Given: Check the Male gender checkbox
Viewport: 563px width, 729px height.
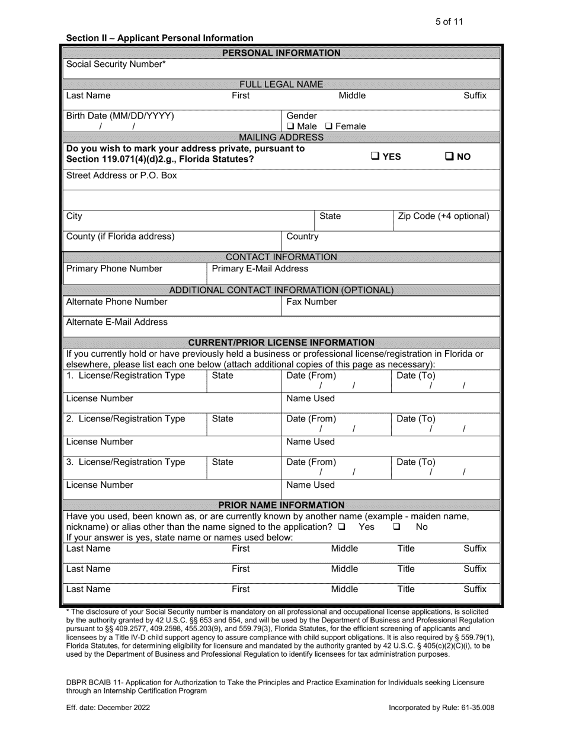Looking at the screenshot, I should pos(290,126).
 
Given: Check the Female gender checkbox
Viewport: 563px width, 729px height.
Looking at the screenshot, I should pos(329,126).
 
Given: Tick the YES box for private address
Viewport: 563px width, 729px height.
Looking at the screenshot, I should pos(376,156).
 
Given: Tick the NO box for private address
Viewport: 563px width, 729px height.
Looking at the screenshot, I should pos(449,156).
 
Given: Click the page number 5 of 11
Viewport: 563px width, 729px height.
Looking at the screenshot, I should pos(449,22).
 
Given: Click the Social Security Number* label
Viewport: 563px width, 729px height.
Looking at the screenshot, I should pos(116,63).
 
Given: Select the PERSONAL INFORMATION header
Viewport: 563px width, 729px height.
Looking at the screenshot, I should pos(281,53).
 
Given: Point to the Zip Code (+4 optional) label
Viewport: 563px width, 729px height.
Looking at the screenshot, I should pos(443,216).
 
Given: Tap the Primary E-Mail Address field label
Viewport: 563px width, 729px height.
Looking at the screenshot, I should pos(260,268).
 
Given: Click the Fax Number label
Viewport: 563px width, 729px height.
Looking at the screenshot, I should pos(312,302).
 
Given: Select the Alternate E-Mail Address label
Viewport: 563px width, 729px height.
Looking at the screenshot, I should pos(117,322).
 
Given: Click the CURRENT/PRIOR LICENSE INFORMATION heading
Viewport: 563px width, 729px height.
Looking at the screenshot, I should pos(281,343).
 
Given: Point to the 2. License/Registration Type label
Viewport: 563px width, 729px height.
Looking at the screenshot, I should pos(126,418).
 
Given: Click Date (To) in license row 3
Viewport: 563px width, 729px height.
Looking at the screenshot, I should pos(415,462).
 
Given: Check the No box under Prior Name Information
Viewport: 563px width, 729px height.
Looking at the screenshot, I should pos(397,526).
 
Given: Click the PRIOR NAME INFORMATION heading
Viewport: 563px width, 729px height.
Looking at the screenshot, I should pos(281,505).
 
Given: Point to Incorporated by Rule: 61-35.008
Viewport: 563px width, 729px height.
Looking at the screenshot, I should pos(441,707).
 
